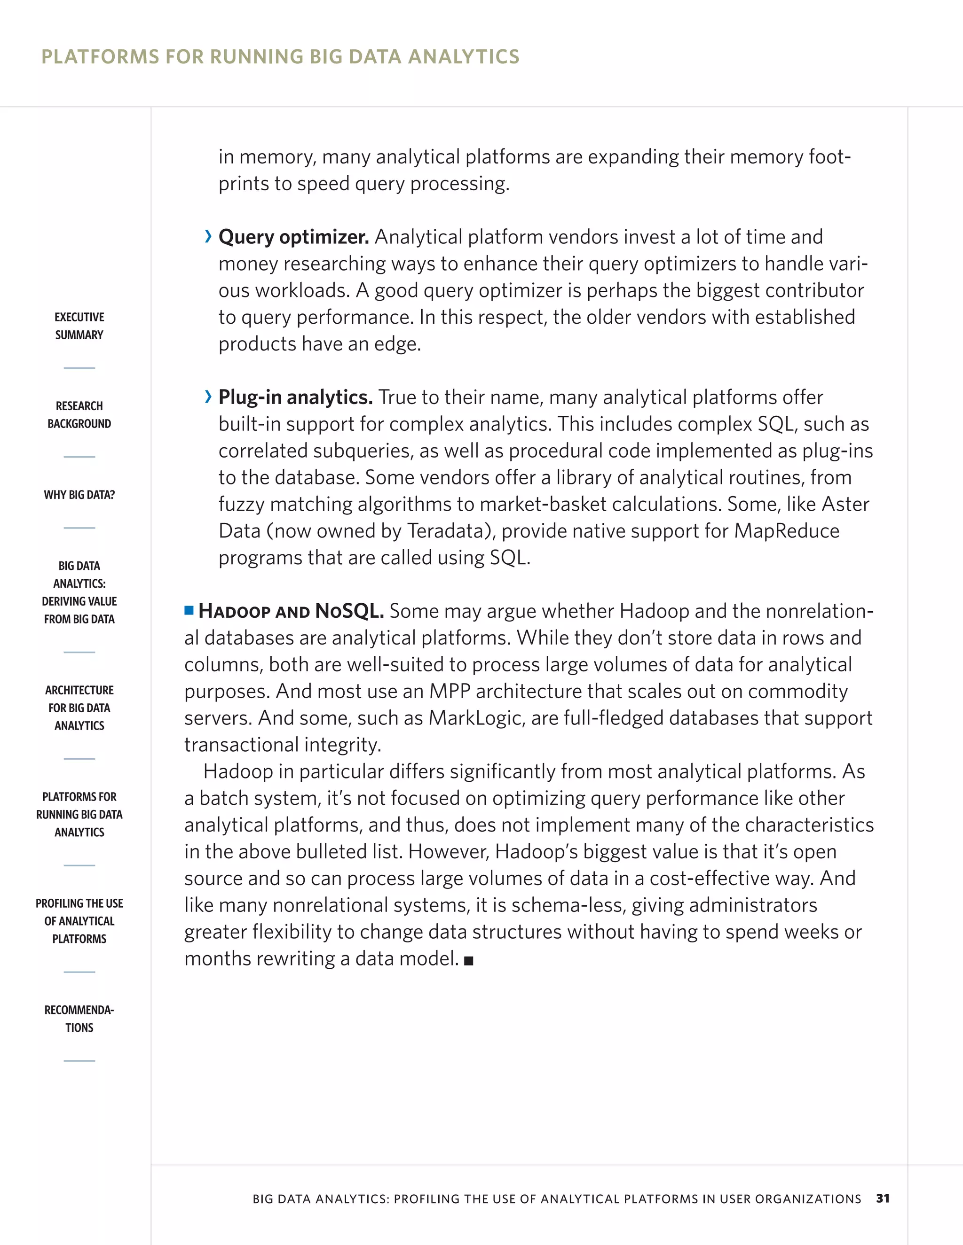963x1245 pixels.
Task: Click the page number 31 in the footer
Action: pos(883,1198)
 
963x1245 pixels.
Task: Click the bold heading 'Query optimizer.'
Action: pos(294,237)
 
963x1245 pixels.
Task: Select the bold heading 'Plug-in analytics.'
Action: pos(295,397)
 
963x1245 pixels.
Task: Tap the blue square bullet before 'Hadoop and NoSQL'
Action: pos(189,611)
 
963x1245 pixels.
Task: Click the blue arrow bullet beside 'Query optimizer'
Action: pos(208,237)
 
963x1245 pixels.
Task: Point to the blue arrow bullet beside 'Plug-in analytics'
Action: pos(208,397)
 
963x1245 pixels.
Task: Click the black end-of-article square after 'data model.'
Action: pos(469,961)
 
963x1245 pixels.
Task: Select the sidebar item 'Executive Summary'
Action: pos(79,326)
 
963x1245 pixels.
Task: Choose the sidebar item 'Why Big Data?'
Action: pos(79,495)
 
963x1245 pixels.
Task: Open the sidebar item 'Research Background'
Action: pos(79,415)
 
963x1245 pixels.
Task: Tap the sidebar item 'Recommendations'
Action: pos(79,1019)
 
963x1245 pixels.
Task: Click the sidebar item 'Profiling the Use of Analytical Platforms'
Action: pos(79,921)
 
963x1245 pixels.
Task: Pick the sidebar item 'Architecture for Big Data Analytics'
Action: pos(79,708)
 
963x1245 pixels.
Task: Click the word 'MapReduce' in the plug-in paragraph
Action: pos(787,531)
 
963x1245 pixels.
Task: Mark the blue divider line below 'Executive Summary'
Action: pos(79,368)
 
